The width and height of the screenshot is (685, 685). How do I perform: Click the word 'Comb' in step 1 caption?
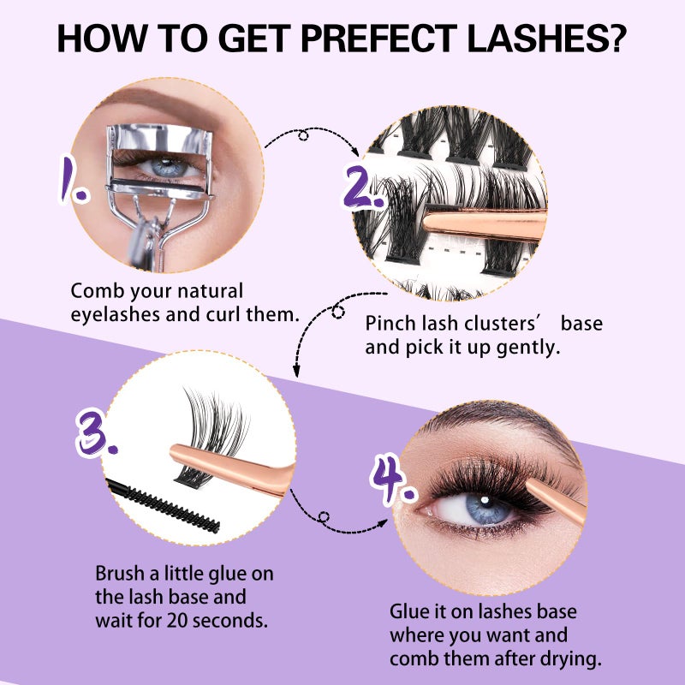coord(93,291)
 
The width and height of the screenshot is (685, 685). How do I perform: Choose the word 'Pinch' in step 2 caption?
coord(389,325)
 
